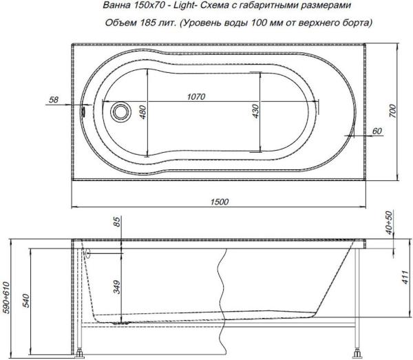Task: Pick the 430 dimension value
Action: [255, 112]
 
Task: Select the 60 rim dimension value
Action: [376, 131]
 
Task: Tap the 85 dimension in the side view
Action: [116, 222]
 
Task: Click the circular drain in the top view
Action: [122, 110]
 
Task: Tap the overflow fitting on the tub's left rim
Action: [84, 109]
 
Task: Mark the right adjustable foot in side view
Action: [357, 354]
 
